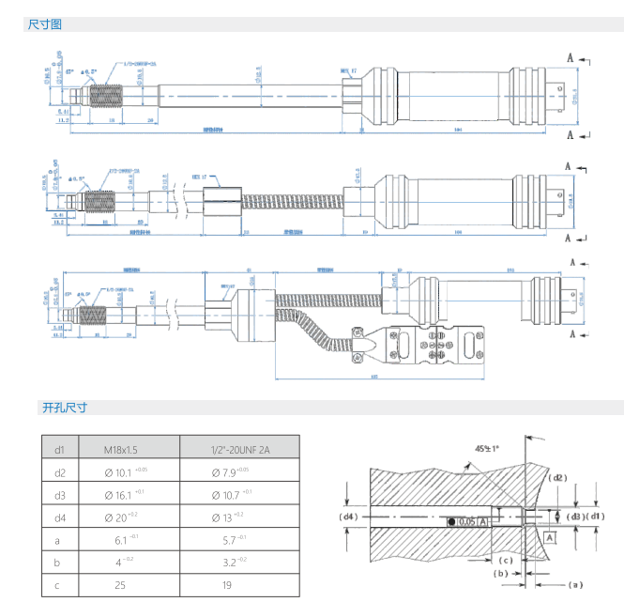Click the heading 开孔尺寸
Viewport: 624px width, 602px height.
tap(64, 408)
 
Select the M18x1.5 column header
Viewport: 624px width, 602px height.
tap(128, 448)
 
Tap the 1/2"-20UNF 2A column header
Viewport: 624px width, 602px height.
tap(238, 448)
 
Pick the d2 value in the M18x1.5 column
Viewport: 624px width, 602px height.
tap(128, 472)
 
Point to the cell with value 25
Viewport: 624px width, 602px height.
tap(128, 584)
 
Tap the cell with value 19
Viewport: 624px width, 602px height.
tap(238, 584)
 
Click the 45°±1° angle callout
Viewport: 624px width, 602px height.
tap(487, 448)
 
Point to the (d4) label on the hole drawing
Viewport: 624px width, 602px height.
tap(348, 516)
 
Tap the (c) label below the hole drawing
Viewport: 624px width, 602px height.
tap(505, 561)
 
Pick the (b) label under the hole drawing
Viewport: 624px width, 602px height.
tap(501, 573)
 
